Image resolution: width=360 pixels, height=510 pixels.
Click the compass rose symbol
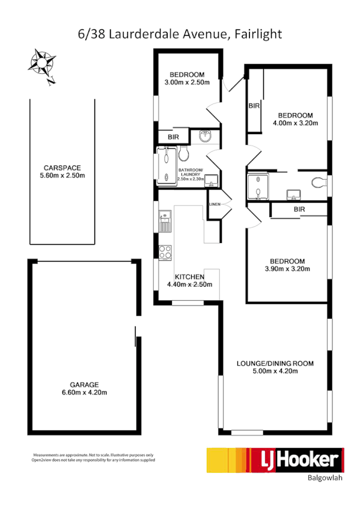click(43, 64)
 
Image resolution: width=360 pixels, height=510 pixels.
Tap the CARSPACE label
click(62, 168)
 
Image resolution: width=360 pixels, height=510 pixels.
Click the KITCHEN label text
click(189, 277)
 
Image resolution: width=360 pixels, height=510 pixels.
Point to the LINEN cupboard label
click(215, 205)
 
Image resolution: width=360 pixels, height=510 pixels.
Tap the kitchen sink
click(165, 224)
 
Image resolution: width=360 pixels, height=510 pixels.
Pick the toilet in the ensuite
click(317, 183)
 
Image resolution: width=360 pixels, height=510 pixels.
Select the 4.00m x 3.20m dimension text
click(295, 123)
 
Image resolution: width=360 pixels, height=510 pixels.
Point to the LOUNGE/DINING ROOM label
click(275, 363)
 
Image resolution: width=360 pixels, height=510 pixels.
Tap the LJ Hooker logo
click(275, 460)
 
